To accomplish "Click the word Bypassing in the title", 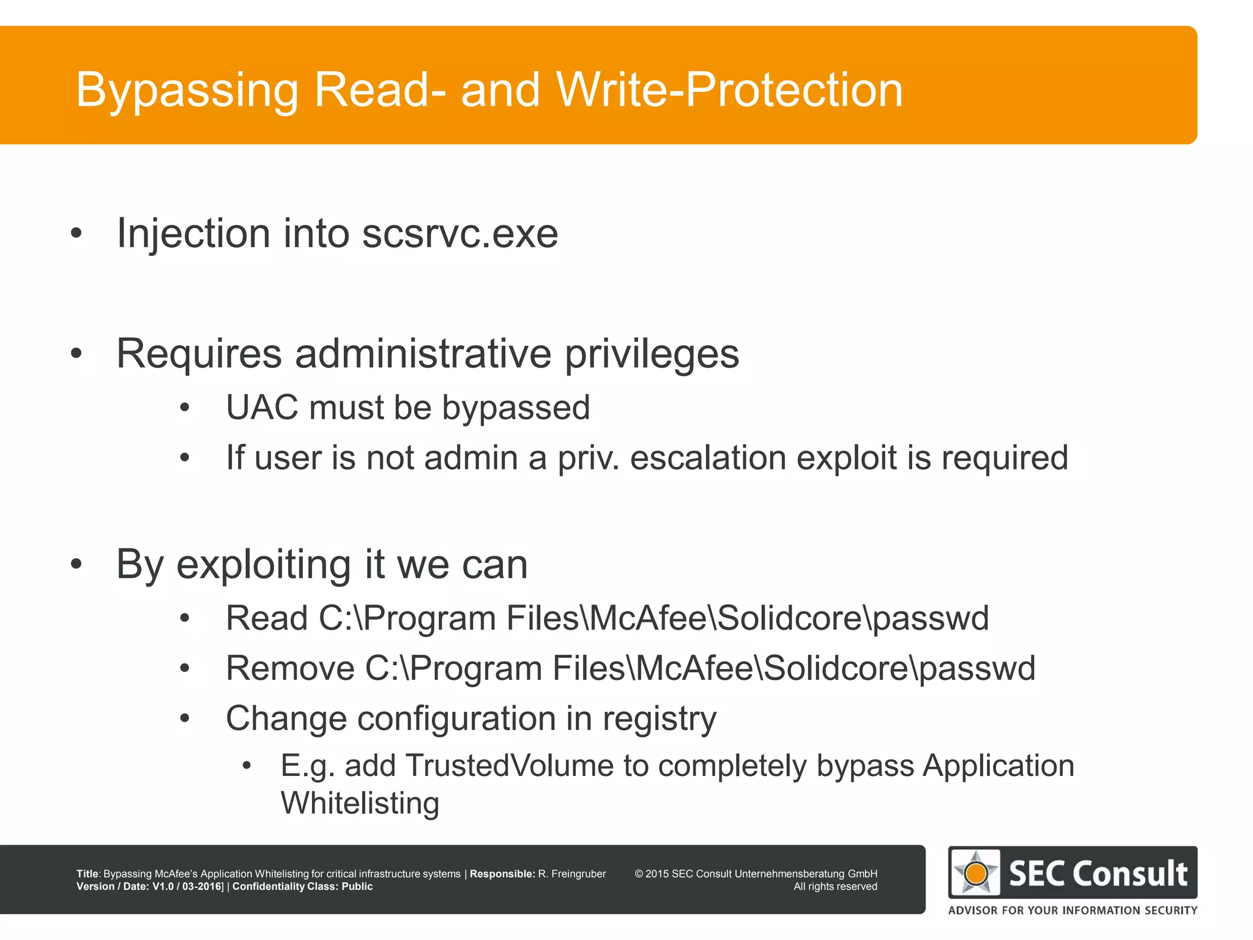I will click(x=187, y=91).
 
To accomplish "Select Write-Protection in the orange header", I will click(x=729, y=89).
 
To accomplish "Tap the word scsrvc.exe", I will click(x=459, y=234).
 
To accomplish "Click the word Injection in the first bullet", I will click(x=193, y=234).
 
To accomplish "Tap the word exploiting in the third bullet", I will click(x=263, y=564).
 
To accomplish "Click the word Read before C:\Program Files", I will click(x=266, y=618).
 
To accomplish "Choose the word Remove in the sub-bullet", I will click(x=289, y=668).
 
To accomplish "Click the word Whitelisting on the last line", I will click(x=360, y=804).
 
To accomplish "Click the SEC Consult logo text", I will click(x=1098, y=873).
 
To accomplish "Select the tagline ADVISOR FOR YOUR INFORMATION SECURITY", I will click(x=1073, y=911).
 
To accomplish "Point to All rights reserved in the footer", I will click(x=835, y=887).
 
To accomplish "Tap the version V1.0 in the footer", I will click(x=164, y=887).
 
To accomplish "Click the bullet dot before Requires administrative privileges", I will click(x=76, y=354).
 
